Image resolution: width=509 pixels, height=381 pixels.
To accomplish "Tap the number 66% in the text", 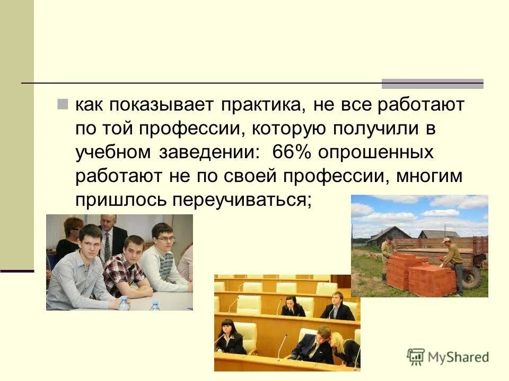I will [x=290, y=152].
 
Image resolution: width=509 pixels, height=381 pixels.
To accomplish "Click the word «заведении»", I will [x=209, y=152].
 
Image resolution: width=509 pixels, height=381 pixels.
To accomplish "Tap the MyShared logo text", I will [x=457, y=357].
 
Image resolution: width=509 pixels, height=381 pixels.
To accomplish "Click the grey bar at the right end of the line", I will [x=433, y=84].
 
